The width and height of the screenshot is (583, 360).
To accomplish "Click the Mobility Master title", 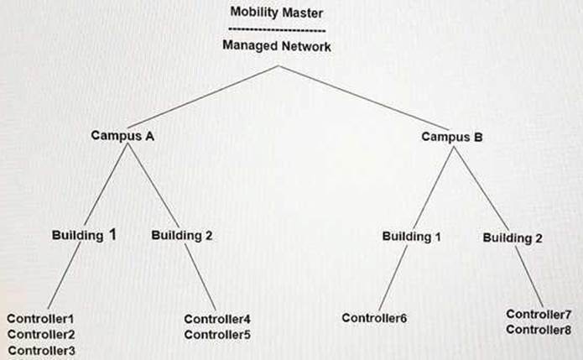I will [276, 13].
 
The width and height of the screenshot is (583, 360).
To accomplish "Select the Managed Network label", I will [276, 46].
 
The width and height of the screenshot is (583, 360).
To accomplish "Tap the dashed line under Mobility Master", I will [276, 29].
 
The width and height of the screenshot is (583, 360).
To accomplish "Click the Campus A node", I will [122, 136].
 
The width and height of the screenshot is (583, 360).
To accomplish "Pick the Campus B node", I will [451, 136].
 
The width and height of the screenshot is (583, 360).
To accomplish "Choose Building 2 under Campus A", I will [182, 236].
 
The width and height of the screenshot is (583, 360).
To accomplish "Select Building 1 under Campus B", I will [411, 237].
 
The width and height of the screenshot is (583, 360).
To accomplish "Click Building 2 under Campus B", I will [513, 238].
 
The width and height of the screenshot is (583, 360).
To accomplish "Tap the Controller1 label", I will [41, 319].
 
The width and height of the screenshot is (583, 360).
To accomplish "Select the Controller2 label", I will [41, 335].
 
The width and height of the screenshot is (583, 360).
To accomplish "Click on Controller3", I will [41, 351].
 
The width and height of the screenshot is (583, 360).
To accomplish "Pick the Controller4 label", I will [217, 319].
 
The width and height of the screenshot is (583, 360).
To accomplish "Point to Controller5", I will [217, 335].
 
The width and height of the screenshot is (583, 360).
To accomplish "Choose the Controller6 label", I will [374, 318].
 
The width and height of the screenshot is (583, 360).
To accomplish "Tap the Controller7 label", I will [539, 315].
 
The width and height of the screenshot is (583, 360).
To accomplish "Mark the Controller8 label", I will [539, 330].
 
